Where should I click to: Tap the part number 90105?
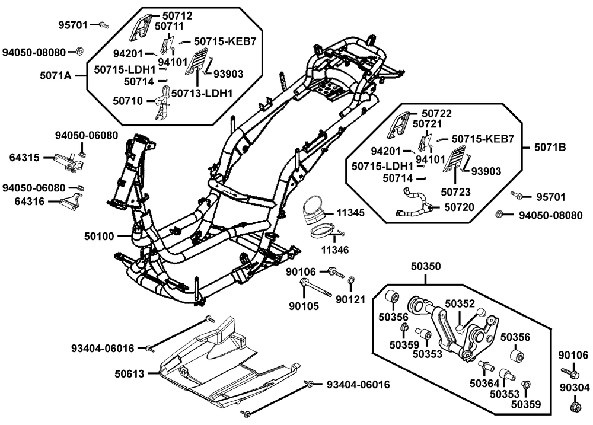[x=304, y=306]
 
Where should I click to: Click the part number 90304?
[x=573, y=388]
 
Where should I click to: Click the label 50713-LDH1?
[x=202, y=92]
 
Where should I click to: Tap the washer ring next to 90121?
[x=351, y=280]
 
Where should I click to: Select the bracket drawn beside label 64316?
[x=72, y=198]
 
